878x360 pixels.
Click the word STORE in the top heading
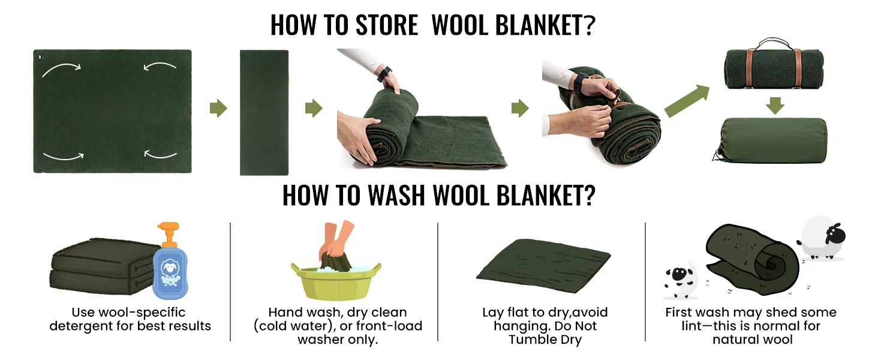tap(386, 25)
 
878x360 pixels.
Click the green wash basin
tap(336, 281)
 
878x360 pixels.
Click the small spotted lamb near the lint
tap(681, 279)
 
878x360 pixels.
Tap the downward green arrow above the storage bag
tap(775, 106)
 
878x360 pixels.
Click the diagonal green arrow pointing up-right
tap(687, 101)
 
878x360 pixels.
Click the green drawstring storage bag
tap(771, 140)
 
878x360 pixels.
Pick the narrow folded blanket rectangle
tap(264, 113)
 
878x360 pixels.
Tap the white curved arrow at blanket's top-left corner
tap(61, 70)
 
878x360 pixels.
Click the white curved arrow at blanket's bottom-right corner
tap(161, 154)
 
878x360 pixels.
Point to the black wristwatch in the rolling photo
tap(384, 74)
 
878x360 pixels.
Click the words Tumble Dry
tap(545, 340)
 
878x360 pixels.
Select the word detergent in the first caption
tap(91, 326)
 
